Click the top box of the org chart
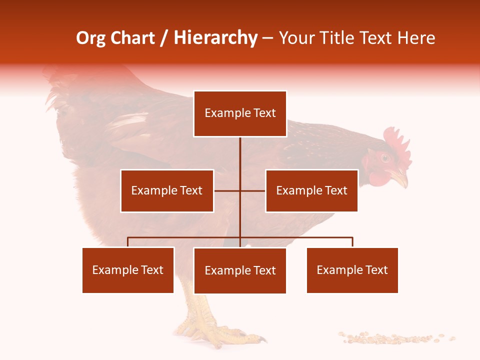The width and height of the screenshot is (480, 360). click(240, 113)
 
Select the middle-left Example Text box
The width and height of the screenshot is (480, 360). click(167, 190)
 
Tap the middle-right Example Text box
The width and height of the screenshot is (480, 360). click(311, 190)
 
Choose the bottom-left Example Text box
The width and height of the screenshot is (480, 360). click(128, 270)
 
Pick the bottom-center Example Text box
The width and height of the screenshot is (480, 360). click(240, 270)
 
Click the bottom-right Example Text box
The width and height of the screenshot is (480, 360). click(352, 270)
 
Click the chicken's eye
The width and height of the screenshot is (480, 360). click(385, 158)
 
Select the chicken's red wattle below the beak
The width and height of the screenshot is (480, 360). click(376, 176)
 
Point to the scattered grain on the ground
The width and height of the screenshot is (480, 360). click(395, 338)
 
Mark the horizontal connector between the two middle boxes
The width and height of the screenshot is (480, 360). click(240, 190)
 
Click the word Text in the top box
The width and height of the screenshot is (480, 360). click(264, 113)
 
